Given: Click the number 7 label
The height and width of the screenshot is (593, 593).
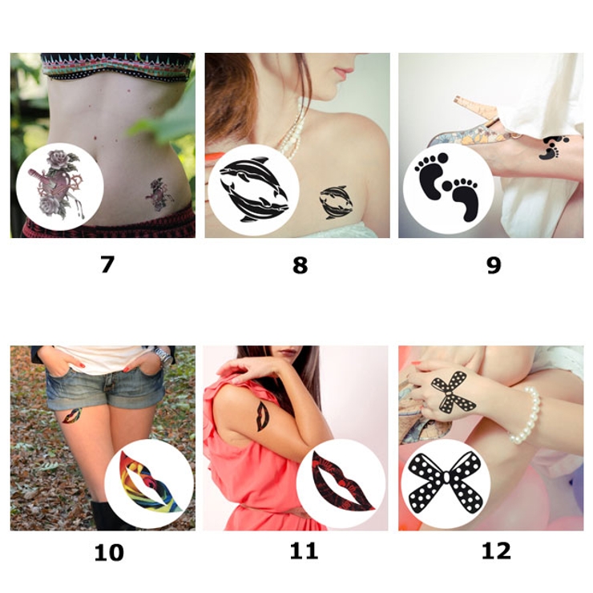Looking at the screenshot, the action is [107, 264].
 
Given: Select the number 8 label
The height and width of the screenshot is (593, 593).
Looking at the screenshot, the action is [300, 264].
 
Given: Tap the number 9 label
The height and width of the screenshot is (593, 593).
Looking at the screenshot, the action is [494, 264].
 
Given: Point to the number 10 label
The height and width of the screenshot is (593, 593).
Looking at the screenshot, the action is [109, 553].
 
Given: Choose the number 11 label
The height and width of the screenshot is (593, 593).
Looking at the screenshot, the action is [304, 551].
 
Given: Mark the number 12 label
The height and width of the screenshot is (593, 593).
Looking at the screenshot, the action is [496, 551].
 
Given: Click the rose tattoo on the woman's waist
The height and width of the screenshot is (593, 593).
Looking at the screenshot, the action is [159, 195].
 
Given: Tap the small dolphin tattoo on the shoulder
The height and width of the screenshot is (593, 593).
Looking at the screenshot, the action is [336, 202].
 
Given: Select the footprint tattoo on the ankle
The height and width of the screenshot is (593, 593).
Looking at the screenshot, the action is [553, 147].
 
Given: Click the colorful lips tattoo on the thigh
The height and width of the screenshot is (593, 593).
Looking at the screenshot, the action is [72, 416].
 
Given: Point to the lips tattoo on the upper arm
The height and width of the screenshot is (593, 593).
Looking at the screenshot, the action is [262, 416].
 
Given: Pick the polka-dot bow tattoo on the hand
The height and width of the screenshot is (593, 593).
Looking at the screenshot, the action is [454, 391].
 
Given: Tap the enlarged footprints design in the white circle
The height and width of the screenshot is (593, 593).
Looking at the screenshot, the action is [448, 187].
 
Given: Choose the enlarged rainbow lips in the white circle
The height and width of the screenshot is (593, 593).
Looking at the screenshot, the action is [151, 482].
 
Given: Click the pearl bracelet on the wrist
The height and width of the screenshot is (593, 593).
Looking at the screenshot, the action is [526, 415].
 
